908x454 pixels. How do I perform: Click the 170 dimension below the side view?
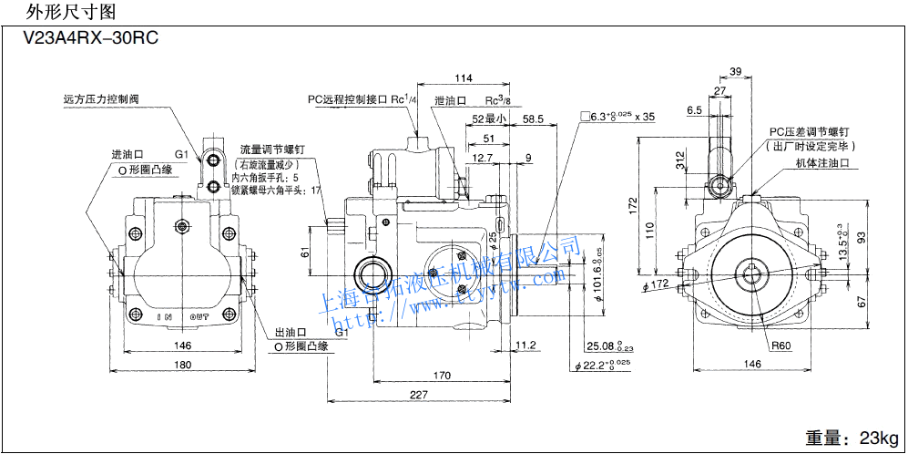coord(442,375)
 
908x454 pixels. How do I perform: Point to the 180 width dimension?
coord(182,366)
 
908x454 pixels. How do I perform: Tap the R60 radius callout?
coord(781,346)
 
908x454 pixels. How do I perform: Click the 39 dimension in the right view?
coord(735,71)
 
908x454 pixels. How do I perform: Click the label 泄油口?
coord(451,100)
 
